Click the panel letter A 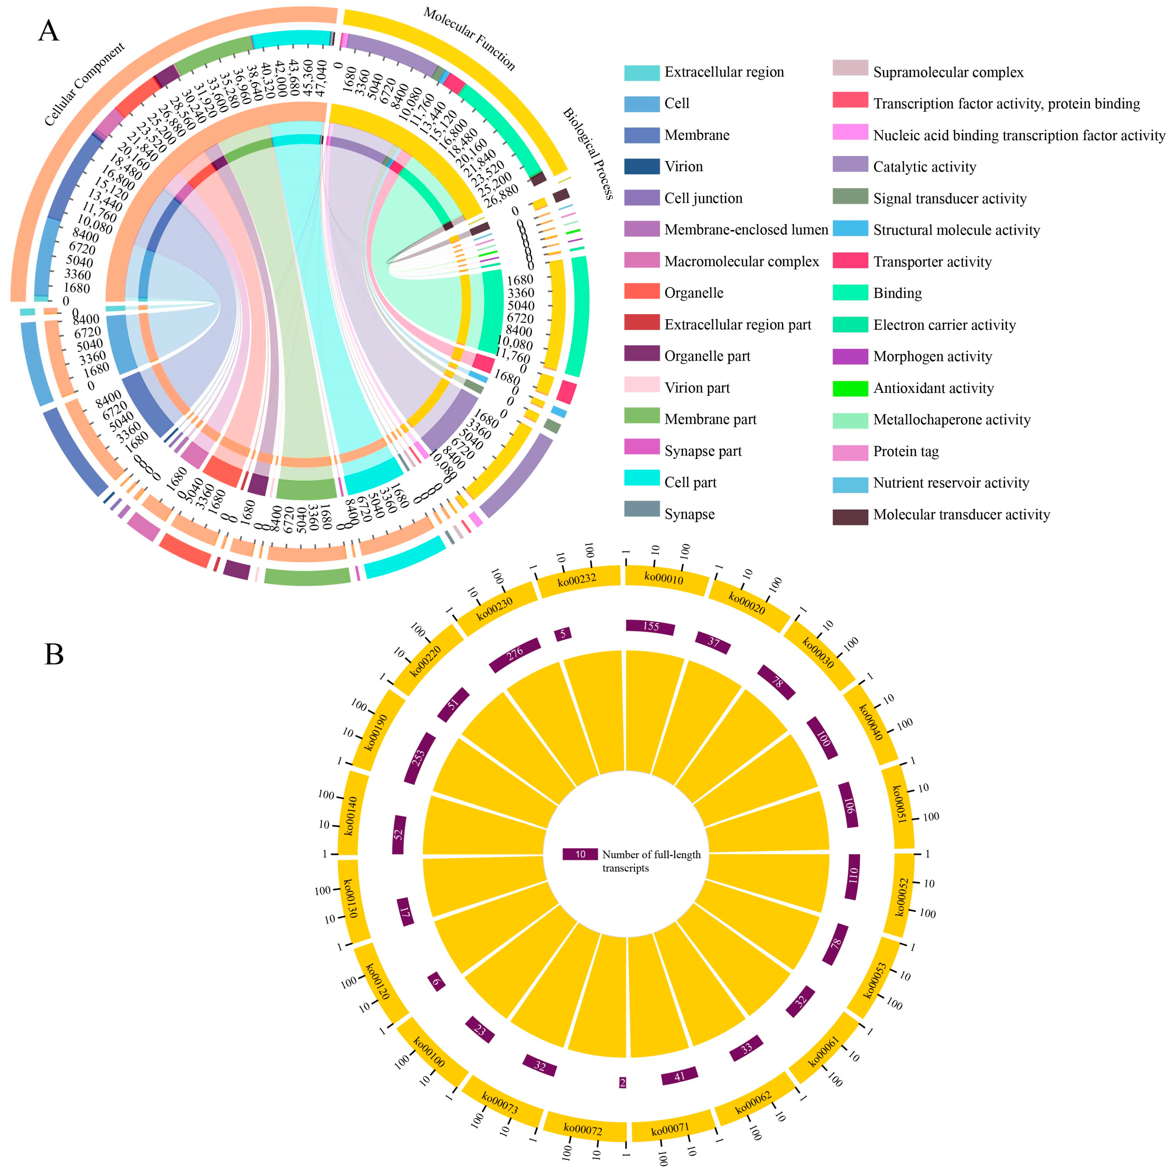tap(49, 30)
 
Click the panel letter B tap(54, 654)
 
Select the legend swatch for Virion tap(642, 166)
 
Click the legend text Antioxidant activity tap(933, 388)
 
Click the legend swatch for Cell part tap(642, 482)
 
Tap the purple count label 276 tap(515, 654)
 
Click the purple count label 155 tap(650, 627)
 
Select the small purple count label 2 tap(622, 1082)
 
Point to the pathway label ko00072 tap(583, 1129)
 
